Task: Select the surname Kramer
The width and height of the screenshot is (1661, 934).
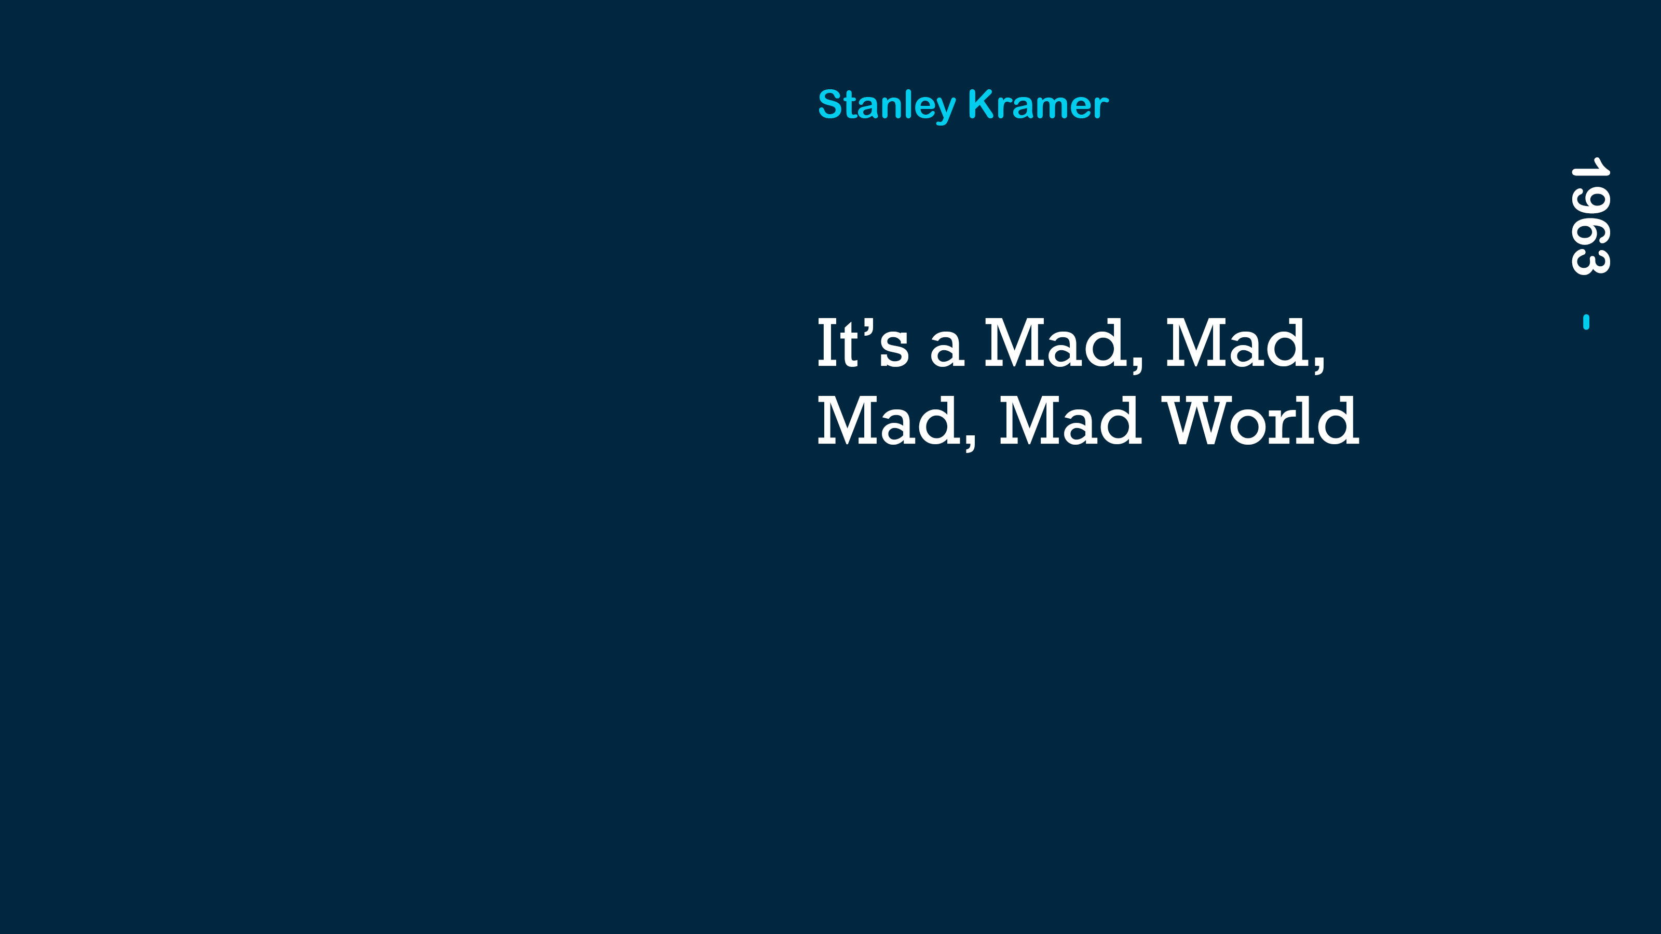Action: click(1038, 104)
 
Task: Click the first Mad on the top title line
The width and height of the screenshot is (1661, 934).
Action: click(1064, 344)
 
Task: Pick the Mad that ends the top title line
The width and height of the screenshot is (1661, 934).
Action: click(1246, 344)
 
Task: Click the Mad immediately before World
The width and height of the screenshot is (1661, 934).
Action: click(1070, 420)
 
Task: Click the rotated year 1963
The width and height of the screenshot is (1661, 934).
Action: click(1590, 216)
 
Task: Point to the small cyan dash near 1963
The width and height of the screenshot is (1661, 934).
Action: click(1586, 322)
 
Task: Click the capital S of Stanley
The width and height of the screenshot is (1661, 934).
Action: click(831, 104)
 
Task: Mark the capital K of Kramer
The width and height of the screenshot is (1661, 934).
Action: click(983, 104)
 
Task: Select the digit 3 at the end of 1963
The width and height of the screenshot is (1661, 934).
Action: click(1590, 262)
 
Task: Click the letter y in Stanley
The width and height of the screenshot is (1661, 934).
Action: click(944, 109)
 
